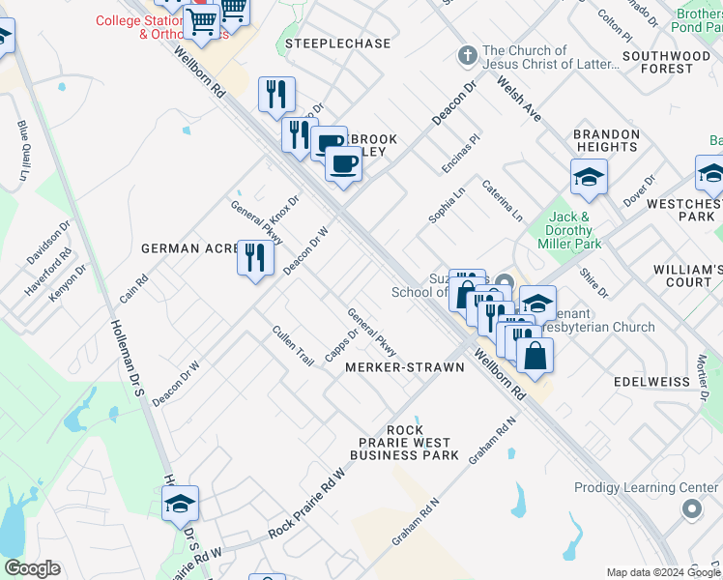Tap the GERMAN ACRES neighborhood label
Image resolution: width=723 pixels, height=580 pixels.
[189, 248]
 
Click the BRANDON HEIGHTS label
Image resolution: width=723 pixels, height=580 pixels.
[607, 140]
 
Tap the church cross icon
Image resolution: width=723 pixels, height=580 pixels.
[467, 55]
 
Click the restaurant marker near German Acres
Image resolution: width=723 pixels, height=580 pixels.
[255, 258]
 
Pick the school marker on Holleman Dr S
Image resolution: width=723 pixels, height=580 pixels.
[180, 504]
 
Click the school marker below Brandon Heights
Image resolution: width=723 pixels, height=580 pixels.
[589, 178]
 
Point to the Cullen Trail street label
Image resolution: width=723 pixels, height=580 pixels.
[293, 345]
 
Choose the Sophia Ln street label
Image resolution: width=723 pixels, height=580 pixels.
[448, 205]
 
